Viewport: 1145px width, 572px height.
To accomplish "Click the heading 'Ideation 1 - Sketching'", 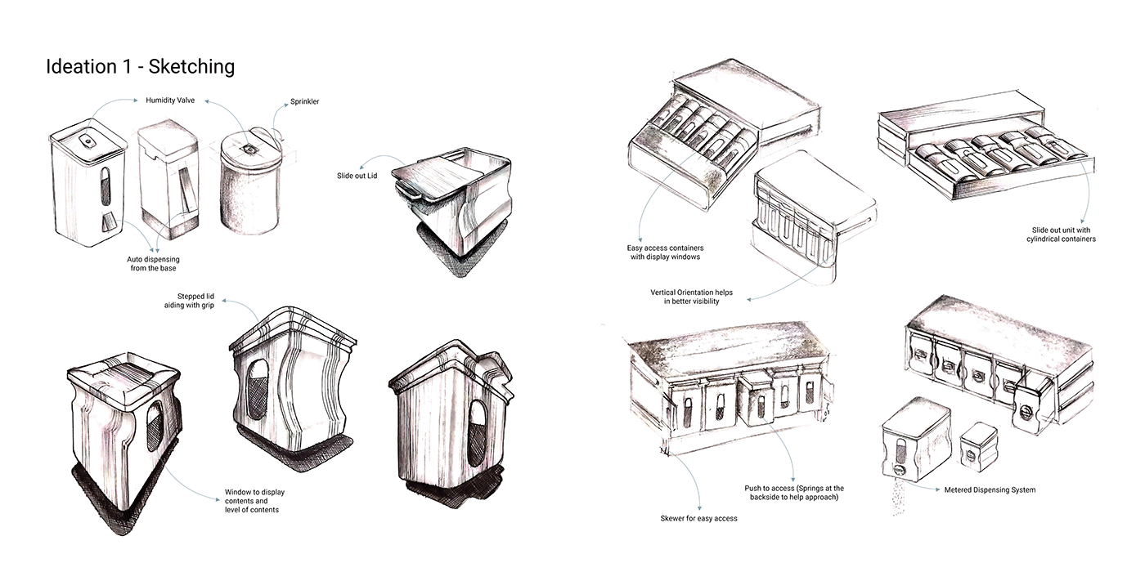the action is coord(140,66).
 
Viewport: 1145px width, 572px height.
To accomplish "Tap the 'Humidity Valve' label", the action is coord(170,100).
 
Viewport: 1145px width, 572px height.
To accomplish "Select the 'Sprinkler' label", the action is coord(304,101).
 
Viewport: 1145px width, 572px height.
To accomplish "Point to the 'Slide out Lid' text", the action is coord(357,176).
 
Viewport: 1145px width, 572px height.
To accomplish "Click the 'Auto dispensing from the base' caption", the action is coord(154,263).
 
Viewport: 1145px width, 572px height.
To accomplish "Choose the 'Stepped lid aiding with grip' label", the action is coord(189,301).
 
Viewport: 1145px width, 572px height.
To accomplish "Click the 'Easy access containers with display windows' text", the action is coord(665,252).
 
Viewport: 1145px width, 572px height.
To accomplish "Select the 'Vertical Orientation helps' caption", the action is coord(691,293).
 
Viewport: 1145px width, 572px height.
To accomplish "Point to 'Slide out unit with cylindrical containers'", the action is coord(1062,235).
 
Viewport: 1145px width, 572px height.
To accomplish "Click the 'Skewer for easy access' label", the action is coord(698,518).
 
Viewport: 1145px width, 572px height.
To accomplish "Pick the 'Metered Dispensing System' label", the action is coord(990,489).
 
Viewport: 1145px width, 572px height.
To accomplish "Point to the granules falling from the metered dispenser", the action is coord(896,497).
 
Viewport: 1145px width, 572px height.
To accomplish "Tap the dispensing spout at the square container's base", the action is coord(107,222).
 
